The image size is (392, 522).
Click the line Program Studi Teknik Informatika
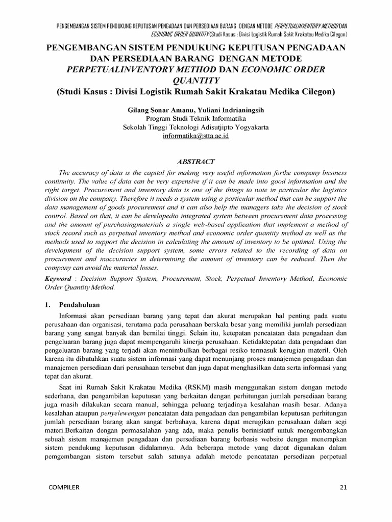(x=195, y=118)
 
